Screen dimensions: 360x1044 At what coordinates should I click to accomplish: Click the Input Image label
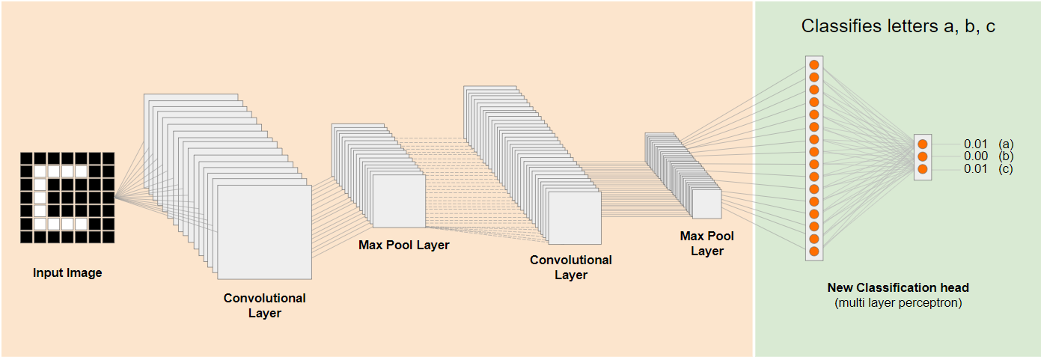tap(67, 273)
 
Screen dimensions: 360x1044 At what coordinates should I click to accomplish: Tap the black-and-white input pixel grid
tap(67, 198)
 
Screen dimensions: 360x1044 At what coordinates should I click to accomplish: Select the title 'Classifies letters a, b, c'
tap(898, 26)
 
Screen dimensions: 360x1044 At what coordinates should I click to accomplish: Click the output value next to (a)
tap(976, 144)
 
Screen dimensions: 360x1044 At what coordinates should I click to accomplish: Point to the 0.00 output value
tap(976, 156)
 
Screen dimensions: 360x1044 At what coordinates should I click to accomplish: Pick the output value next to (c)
tap(976, 169)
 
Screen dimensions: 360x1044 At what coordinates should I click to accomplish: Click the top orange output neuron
tap(923, 144)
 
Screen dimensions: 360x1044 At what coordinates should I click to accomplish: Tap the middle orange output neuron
tap(923, 156)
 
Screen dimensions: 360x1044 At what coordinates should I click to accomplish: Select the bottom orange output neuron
tap(923, 169)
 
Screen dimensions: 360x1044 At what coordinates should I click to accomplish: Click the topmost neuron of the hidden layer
tap(814, 65)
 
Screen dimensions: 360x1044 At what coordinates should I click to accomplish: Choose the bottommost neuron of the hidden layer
tap(814, 251)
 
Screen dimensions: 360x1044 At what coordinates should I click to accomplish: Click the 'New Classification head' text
tap(898, 288)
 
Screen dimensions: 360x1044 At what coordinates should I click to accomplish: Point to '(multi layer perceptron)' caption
tap(898, 303)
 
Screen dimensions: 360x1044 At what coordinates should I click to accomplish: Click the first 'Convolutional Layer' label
tap(265, 305)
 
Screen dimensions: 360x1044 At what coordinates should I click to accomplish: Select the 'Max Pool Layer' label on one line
tap(404, 245)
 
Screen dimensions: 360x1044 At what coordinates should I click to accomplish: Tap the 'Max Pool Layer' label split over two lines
tap(707, 243)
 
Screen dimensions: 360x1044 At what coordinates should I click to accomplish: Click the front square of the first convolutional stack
tap(264, 231)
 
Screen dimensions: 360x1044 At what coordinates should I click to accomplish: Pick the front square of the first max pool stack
tap(399, 201)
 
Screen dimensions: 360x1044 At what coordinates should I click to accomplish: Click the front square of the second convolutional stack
tap(575, 217)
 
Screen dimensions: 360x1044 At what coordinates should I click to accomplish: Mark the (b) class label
tap(1006, 156)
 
